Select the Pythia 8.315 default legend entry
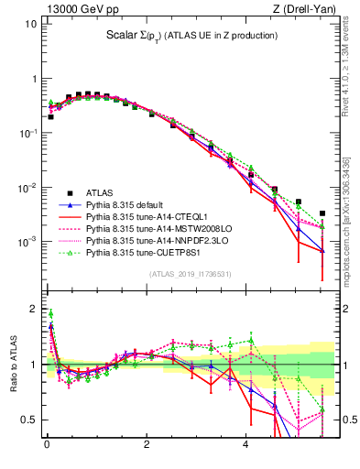pyautogui.click(x=125, y=205)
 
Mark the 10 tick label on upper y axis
pyautogui.click(x=29, y=24)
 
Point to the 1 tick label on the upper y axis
pyautogui.click(x=32, y=79)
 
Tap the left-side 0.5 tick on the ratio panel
pyautogui.click(x=28, y=420)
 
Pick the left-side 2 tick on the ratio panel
pyautogui.click(x=32, y=308)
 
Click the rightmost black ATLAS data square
pyautogui.click(x=322, y=213)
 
